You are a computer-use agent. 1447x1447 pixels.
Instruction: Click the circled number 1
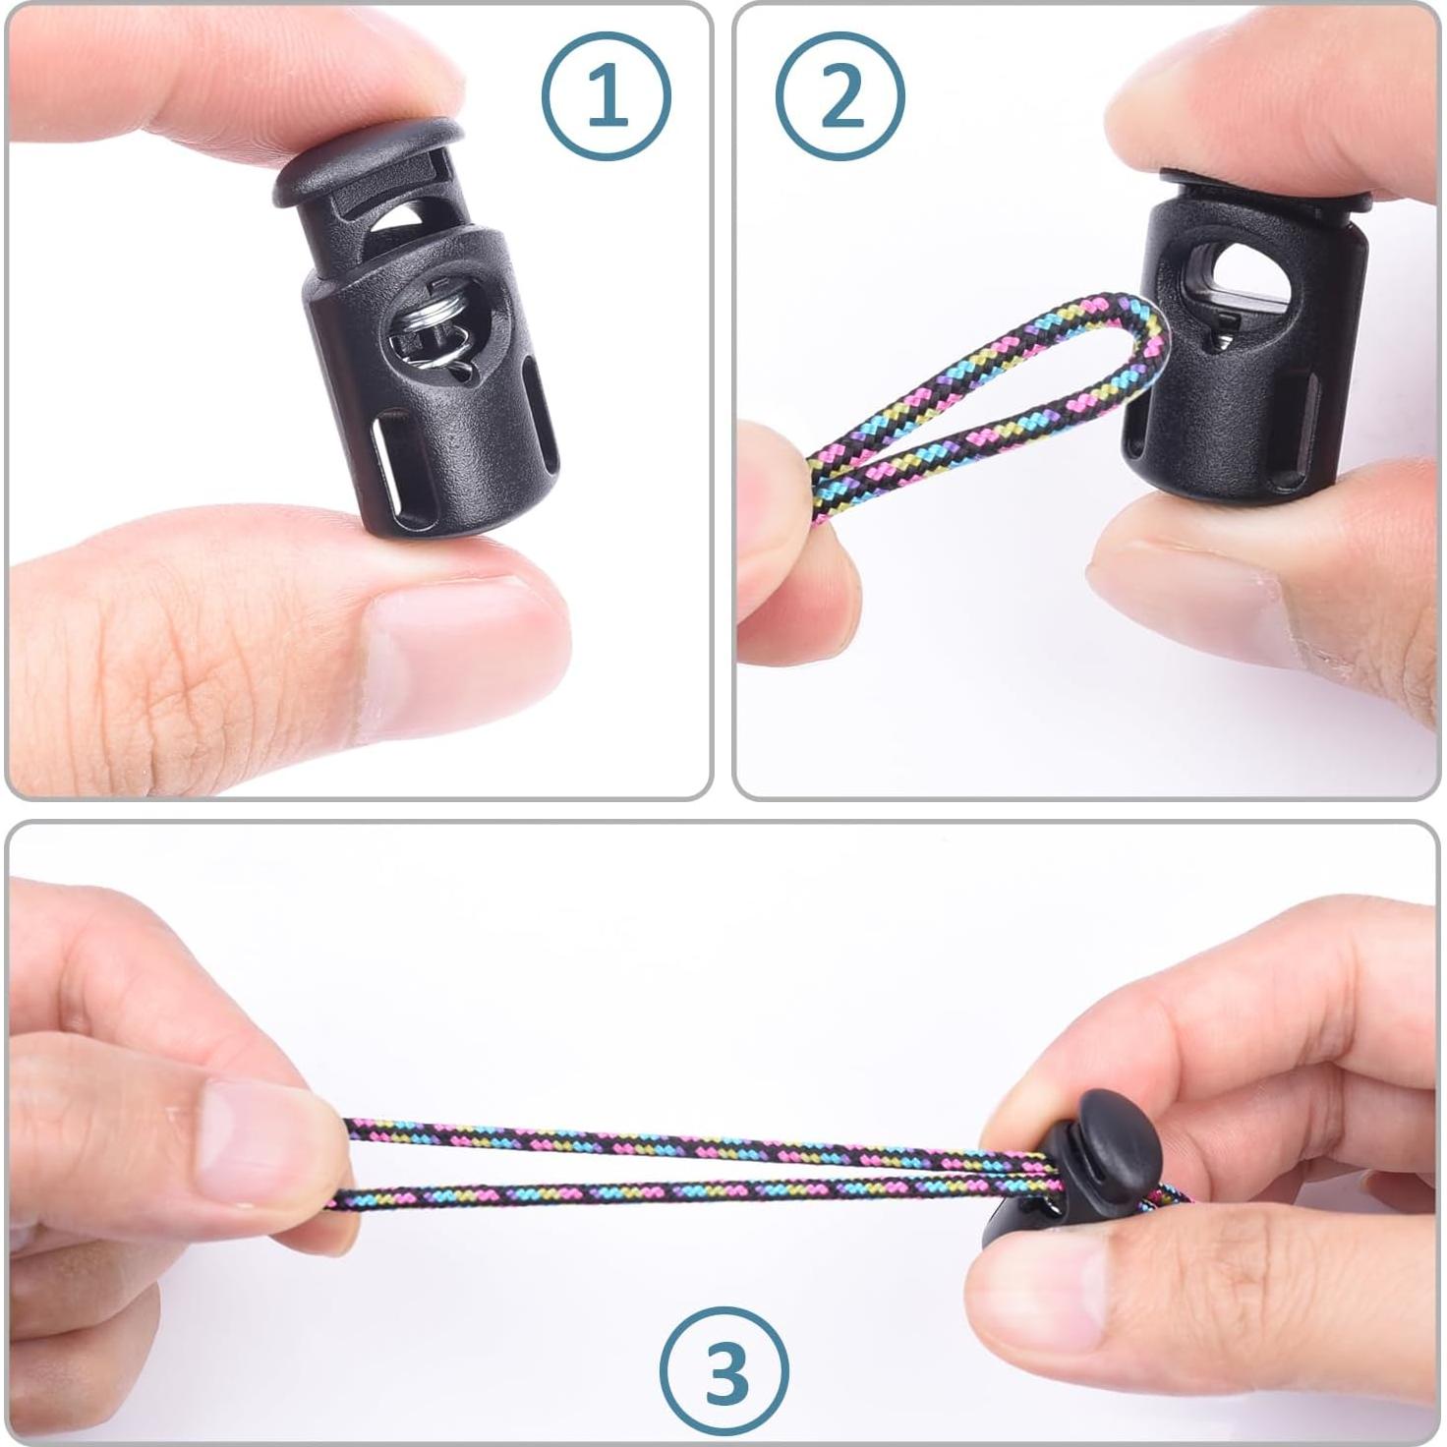click(x=606, y=95)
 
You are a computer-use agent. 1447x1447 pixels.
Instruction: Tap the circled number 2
click(x=839, y=95)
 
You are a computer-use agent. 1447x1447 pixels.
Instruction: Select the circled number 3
click(x=724, y=1370)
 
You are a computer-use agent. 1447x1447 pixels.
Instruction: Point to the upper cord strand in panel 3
click(x=688, y=1144)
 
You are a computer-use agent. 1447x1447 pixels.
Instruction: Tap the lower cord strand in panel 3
click(x=688, y=1193)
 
